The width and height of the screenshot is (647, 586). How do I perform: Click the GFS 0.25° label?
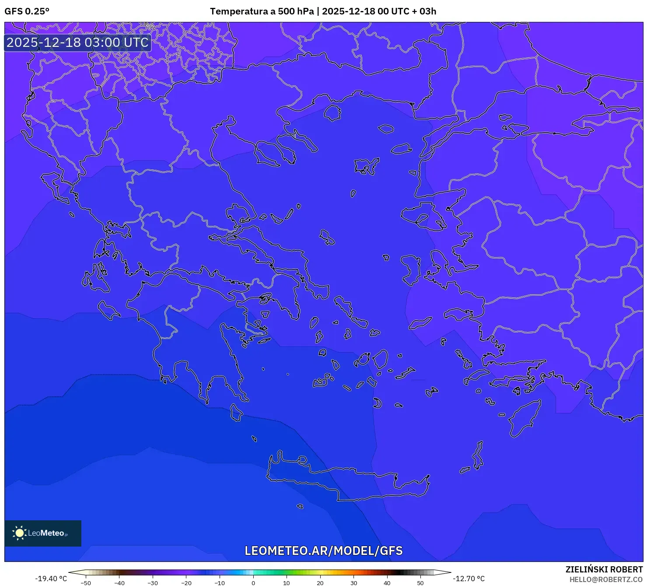pyautogui.click(x=27, y=11)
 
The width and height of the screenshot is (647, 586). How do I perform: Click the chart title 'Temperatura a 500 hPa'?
pyautogui.click(x=262, y=11)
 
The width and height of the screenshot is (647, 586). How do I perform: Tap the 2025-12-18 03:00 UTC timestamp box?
pyautogui.click(x=77, y=42)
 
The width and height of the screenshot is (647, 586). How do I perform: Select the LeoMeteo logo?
pyautogui.click(x=43, y=533)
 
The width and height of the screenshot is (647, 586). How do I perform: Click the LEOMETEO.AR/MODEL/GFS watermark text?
pyautogui.click(x=323, y=551)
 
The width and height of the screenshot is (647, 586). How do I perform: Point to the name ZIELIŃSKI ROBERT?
pyautogui.click(x=604, y=569)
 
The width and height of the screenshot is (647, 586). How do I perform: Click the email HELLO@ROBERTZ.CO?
pyautogui.click(x=605, y=579)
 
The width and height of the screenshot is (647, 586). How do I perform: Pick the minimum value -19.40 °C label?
pyautogui.click(x=51, y=579)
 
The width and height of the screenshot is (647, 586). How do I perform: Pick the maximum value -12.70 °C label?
pyautogui.click(x=469, y=579)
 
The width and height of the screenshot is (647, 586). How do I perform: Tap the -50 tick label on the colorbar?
pyautogui.click(x=86, y=583)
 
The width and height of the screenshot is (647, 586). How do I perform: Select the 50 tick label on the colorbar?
pyautogui.click(x=420, y=583)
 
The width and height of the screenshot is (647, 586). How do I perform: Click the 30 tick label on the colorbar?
pyautogui.click(x=353, y=583)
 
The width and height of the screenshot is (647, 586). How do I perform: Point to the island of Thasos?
pyautogui.click(x=332, y=113)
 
